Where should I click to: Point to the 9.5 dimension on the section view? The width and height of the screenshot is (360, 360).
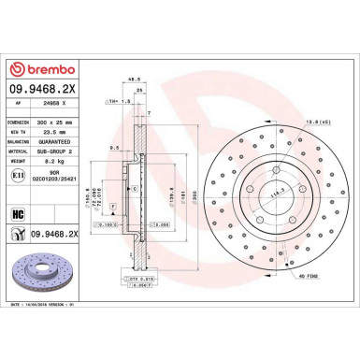pos(113,147)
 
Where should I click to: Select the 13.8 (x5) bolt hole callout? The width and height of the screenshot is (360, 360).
pos(317,121)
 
